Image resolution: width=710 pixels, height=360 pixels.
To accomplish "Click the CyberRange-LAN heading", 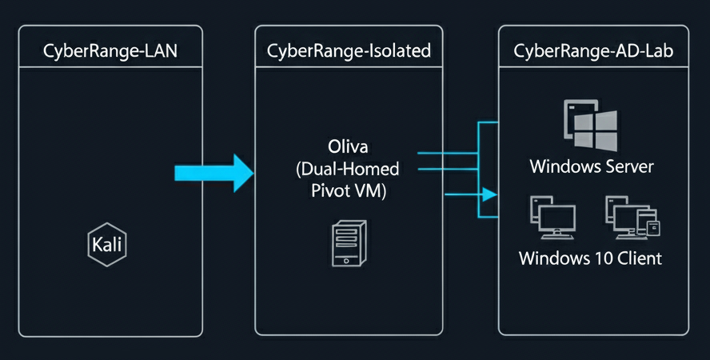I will click(110, 52).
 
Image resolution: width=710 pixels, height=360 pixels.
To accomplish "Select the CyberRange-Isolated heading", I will click(349, 52).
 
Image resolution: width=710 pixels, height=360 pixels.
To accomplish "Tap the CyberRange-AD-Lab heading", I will click(592, 52).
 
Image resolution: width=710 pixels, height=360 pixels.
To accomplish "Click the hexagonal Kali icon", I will click(106, 245).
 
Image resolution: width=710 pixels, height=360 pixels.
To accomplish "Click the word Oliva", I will click(348, 147).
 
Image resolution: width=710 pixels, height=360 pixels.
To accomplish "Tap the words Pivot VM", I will click(348, 192).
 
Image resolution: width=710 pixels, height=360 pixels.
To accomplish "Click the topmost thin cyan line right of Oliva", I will click(448, 152).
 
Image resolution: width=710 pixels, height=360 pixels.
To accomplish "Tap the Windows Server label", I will click(592, 167).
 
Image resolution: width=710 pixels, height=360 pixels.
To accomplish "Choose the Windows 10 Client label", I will click(590, 258).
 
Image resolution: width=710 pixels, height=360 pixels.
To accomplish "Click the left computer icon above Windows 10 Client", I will click(552, 219).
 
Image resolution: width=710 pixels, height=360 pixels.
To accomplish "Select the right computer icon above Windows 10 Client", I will click(631, 219).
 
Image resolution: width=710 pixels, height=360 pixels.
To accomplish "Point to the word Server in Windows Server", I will click(628, 167).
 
